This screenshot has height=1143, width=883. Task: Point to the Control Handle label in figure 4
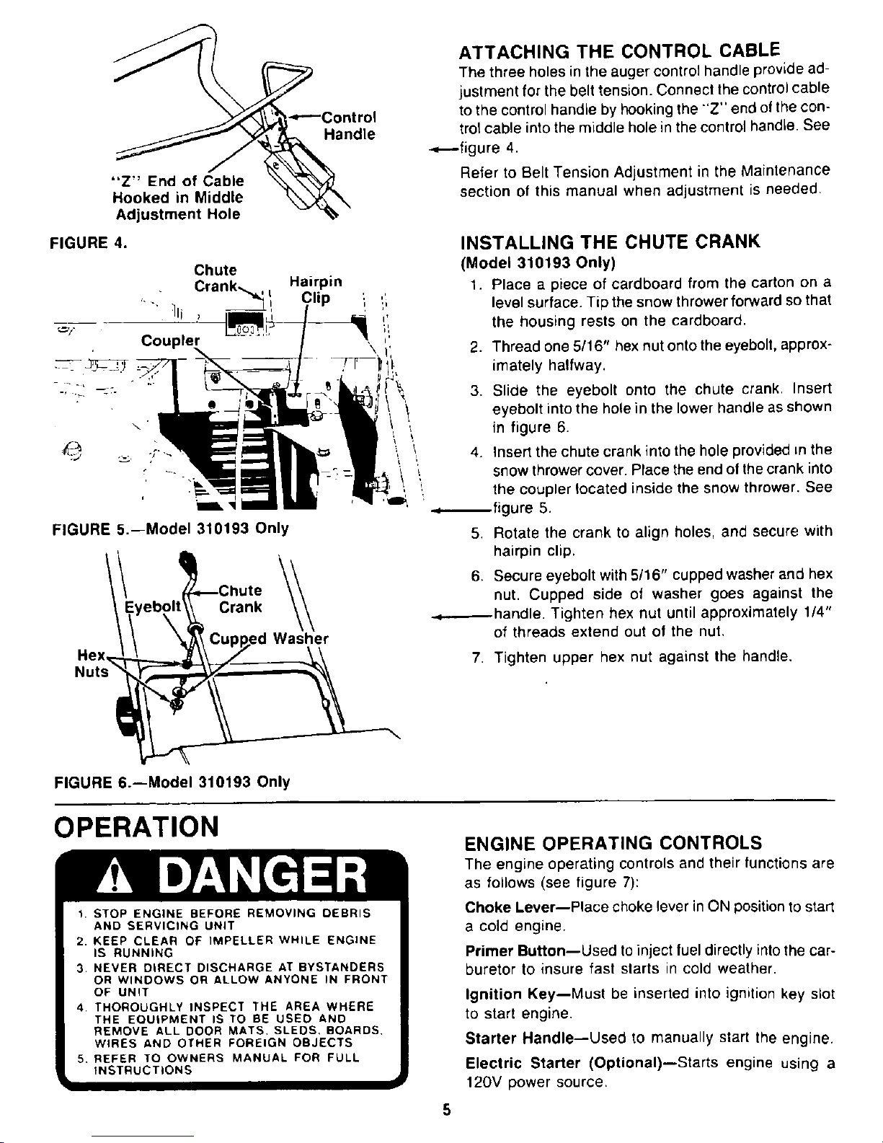[x=349, y=126]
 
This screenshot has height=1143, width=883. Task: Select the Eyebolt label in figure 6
[x=153, y=604]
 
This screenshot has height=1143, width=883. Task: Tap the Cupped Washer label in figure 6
[x=269, y=639]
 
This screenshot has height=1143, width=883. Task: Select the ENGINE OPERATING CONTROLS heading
[x=613, y=842]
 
